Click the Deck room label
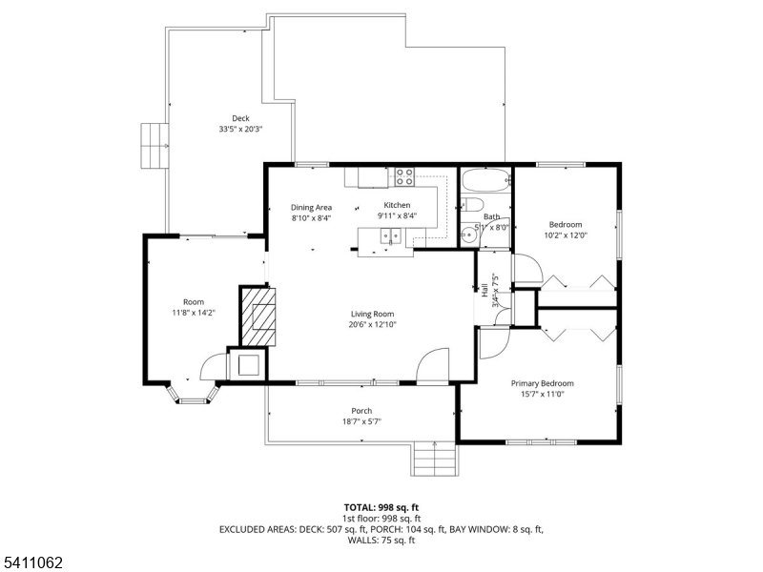240,118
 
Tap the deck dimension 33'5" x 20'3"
240,129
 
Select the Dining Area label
311,207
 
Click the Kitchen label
397,205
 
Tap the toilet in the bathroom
472,207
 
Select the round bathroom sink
468,235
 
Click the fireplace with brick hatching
258,317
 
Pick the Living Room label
372,314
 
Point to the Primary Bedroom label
542,383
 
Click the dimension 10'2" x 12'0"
565,235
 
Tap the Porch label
361,411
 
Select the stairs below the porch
435,460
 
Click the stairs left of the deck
153,145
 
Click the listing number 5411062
32,563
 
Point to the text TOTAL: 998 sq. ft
381,507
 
